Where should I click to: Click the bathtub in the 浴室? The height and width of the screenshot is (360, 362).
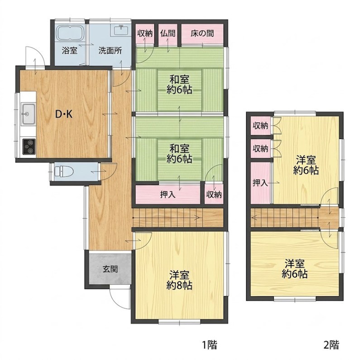[x=70, y=33]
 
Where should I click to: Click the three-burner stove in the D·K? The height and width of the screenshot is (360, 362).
[x=29, y=147]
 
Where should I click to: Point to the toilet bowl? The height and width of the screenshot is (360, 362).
[x=64, y=172]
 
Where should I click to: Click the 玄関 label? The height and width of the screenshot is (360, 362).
[x=110, y=269]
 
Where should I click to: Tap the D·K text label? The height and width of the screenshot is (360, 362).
[x=64, y=114]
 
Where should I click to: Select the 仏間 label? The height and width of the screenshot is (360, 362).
[x=168, y=33]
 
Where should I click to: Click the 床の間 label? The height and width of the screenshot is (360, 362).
[x=202, y=33]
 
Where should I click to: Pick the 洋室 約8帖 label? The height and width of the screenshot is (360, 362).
[x=179, y=280]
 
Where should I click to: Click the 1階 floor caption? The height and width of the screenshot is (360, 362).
[x=210, y=345]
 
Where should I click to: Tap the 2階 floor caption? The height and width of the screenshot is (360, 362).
[x=332, y=345]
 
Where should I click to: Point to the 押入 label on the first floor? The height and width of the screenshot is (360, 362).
[x=168, y=195]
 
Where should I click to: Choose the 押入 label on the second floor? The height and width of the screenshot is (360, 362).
[x=260, y=183]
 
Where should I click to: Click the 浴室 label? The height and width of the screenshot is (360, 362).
[x=70, y=51]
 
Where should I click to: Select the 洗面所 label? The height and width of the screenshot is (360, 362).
[x=110, y=51]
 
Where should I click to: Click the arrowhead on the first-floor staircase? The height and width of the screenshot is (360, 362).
[x=197, y=218]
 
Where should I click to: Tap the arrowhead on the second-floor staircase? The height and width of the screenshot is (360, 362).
[x=254, y=218]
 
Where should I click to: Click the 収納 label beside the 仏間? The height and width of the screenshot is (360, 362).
[x=145, y=33]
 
